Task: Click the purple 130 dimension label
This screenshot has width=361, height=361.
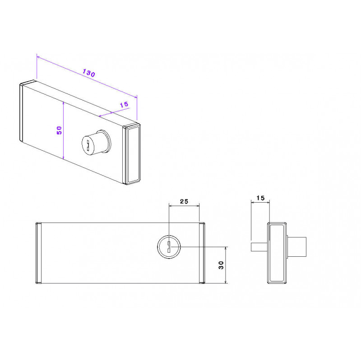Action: pyautogui.click(x=89, y=73)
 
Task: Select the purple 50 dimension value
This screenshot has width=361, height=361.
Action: pyautogui.click(x=59, y=130)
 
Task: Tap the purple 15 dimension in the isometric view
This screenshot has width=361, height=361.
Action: pyautogui.click(x=124, y=105)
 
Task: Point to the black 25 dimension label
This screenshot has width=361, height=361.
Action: pyautogui.click(x=184, y=201)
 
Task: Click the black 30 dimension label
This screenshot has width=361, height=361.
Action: pyautogui.click(x=221, y=265)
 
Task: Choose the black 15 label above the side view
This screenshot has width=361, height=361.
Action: pyautogui.click(x=260, y=198)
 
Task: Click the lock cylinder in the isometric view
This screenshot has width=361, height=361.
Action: pyautogui.click(x=97, y=142)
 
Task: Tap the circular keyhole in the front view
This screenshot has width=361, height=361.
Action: pyautogui.click(x=169, y=247)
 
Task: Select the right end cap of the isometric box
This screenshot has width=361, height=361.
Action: pyautogui.click(x=132, y=154)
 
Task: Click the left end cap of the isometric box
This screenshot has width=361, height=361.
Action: pyautogui.click(x=21, y=112)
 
